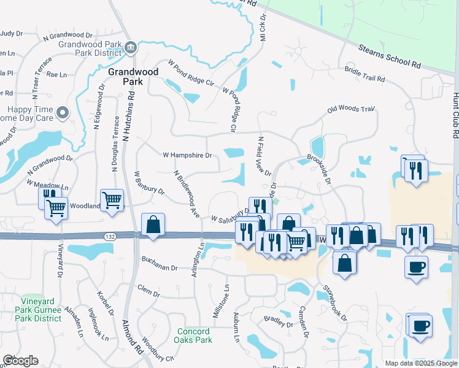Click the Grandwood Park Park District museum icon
pyautogui.click(x=130, y=48)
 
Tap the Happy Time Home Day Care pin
pyautogui.click(x=62, y=113)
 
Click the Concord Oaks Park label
pyautogui.click(x=193, y=335)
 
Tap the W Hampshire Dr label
pyautogui.click(x=187, y=155)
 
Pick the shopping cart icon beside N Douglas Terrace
pyautogui.click(x=112, y=201)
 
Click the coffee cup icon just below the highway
pyautogui.click(x=417, y=267)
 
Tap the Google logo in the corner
pyautogui.click(x=20, y=361)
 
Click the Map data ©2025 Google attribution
pyautogui.click(x=420, y=363)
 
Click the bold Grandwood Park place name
pyautogui.click(x=125, y=77)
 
